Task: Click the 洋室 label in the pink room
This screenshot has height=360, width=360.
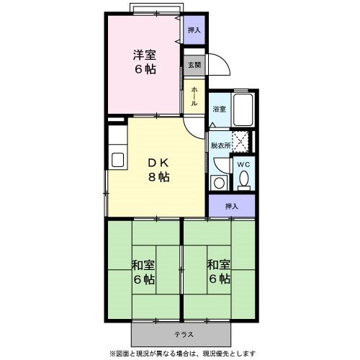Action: [143, 54]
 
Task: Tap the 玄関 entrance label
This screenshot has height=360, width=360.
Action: [194, 66]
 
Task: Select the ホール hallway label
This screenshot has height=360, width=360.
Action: [194, 96]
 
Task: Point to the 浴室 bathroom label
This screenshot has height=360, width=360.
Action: [219, 109]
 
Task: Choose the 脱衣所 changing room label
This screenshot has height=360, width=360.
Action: [220, 145]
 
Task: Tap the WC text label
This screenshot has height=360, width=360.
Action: [243, 163]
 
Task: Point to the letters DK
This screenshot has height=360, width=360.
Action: [158, 161]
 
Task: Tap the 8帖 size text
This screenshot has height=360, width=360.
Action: [159, 177]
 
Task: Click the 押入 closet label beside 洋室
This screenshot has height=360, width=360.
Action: [193, 30]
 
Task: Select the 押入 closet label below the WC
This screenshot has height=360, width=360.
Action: [231, 206]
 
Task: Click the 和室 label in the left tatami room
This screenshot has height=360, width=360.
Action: [143, 264]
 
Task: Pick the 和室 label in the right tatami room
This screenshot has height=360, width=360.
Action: [219, 264]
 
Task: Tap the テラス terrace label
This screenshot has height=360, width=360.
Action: [181, 334]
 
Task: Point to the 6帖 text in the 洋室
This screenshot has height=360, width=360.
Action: [143, 70]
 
